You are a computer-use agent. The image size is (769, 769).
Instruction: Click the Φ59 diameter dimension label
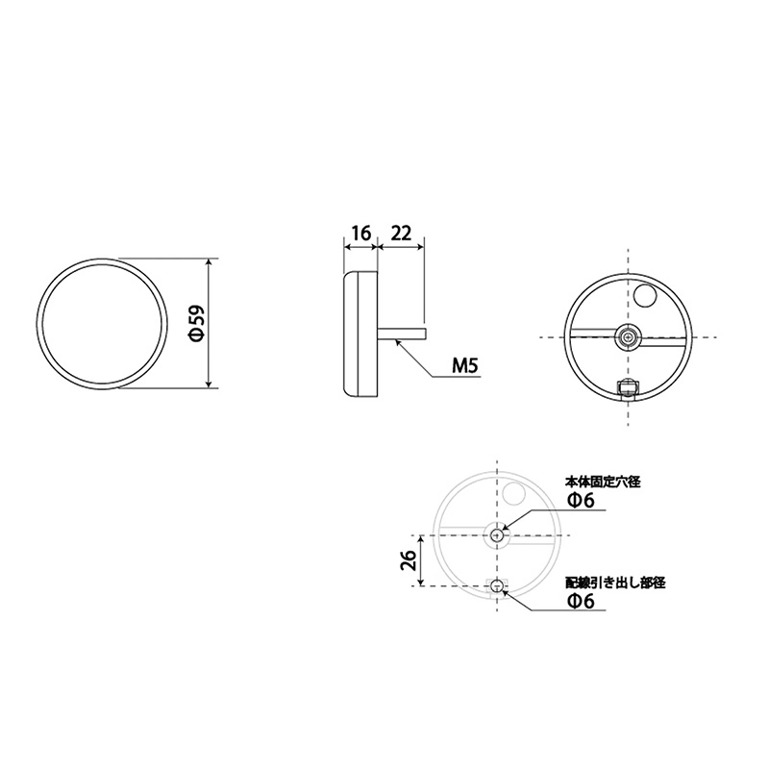tap(196, 324)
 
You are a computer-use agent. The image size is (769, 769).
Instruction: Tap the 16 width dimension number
tap(361, 234)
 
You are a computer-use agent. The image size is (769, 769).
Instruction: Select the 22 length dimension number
tap(401, 234)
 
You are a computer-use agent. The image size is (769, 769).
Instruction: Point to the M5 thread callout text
tap(464, 366)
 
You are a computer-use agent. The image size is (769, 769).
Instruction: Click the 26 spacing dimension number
tap(409, 559)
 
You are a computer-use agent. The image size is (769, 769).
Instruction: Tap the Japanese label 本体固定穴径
tap(603, 483)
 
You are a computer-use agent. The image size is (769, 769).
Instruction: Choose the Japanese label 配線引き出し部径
tap(615, 583)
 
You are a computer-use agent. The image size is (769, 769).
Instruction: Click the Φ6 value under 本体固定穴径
tap(581, 500)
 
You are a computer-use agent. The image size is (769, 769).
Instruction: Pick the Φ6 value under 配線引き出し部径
tap(581, 601)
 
